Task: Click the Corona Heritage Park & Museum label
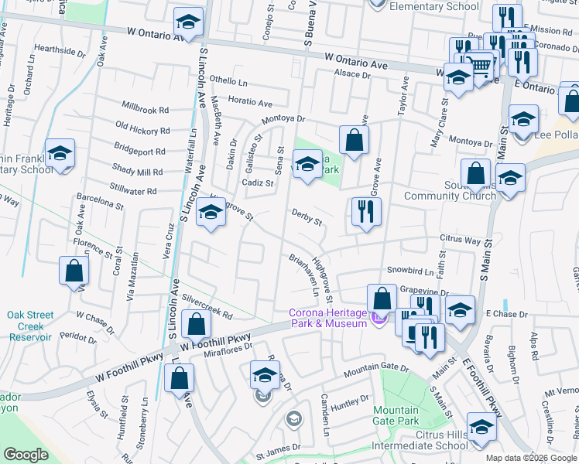click(328, 318)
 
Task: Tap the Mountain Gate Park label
click(396, 416)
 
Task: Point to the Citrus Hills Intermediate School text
click(420, 440)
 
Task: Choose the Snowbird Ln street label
click(409, 271)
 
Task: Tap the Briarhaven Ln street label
click(304, 274)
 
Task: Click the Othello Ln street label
click(228, 81)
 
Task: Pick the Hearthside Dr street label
click(60, 50)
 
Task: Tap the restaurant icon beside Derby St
click(366, 211)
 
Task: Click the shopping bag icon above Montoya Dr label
click(354, 140)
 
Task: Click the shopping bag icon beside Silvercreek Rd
click(197, 323)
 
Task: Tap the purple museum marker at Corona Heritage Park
click(378, 318)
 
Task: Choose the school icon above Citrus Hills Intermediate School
click(481, 429)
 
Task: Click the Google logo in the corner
click(26, 455)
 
